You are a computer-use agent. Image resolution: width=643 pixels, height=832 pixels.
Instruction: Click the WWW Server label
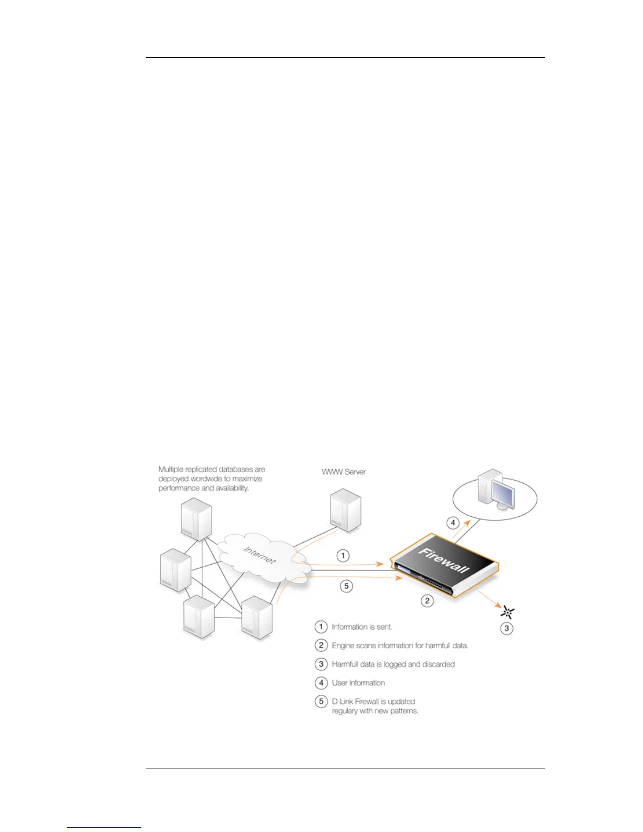[x=344, y=472]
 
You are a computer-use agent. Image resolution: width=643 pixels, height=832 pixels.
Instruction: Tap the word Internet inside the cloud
[x=259, y=555]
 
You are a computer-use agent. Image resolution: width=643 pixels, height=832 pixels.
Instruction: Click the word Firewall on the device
[x=444, y=560]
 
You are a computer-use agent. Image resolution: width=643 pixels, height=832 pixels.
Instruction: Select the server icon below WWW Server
[x=345, y=509]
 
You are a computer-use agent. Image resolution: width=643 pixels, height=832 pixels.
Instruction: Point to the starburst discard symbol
[x=507, y=612]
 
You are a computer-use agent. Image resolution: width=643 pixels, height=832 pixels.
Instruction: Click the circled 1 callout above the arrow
[x=343, y=555]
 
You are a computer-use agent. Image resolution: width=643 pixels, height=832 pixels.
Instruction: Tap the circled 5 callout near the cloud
[x=346, y=586]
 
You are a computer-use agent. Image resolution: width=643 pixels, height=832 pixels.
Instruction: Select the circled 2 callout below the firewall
[x=427, y=600]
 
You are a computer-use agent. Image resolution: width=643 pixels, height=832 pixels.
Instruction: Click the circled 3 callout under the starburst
[x=506, y=628]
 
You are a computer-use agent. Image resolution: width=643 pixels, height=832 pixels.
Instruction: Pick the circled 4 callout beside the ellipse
[x=453, y=523]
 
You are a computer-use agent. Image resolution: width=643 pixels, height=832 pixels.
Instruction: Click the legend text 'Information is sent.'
[x=362, y=627]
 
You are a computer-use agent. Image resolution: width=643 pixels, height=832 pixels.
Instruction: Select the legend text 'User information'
[x=358, y=683]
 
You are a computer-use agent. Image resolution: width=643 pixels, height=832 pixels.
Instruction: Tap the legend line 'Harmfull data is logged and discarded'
[x=393, y=664]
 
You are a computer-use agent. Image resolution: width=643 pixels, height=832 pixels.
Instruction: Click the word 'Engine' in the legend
[x=343, y=646]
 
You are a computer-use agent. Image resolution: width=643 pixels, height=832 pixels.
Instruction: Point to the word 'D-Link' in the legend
[x=342, y=701]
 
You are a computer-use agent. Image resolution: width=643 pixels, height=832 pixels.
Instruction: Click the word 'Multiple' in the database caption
[x=171, y=469]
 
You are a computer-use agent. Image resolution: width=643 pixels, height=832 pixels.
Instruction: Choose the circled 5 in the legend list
[x=321, y=701]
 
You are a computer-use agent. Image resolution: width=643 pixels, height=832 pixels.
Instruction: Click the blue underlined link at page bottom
[x=104, y=827]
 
